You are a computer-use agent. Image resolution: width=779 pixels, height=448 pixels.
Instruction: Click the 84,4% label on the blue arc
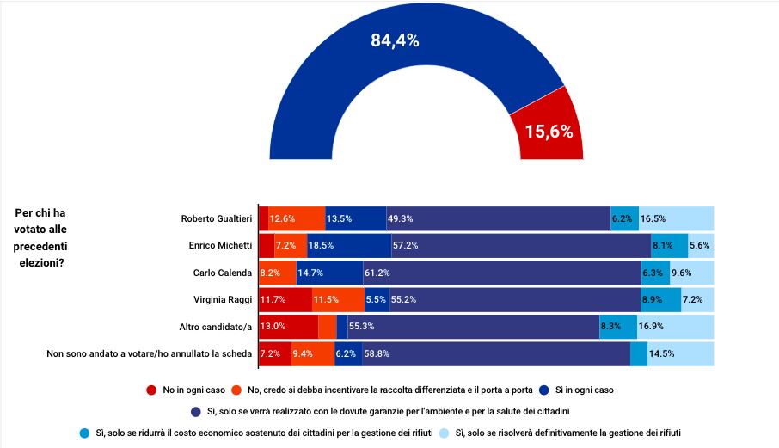[395, 40]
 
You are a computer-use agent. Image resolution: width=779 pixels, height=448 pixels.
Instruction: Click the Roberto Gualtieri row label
[217, 218]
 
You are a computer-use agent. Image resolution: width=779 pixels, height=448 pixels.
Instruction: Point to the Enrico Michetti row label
[220, 246]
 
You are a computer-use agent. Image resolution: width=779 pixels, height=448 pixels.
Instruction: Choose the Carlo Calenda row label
[223, 273]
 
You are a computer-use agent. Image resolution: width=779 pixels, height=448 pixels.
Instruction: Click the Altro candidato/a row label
[215, 327]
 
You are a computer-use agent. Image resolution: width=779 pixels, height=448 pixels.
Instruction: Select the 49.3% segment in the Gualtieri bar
[499, 218]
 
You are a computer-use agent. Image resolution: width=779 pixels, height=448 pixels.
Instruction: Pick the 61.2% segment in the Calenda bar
[502, 273]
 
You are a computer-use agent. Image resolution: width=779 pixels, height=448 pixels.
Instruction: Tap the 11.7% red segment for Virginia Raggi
[285, 299]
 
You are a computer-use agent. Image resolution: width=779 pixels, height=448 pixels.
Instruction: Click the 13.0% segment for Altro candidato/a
[288, 327]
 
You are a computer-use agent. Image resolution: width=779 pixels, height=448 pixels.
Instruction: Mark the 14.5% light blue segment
[680, 353]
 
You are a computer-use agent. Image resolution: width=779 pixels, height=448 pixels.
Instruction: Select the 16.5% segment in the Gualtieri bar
[677, 218]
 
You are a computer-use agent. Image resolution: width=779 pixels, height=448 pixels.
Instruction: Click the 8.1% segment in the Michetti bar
[669, 246]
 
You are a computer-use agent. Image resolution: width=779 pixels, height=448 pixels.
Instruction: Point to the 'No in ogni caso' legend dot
[151, 390]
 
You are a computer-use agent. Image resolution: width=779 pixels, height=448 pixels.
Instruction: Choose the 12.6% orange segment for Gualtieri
[297, 218]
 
